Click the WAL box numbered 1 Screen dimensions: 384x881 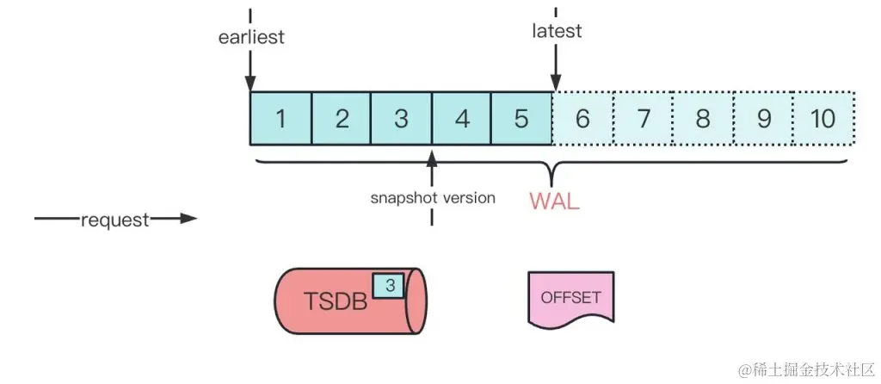click(x=280, y=119)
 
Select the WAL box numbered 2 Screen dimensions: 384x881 click(x=342, y=119)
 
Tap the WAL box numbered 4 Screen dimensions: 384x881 click(x=462, y=119)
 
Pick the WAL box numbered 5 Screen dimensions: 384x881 click(x=521, y=119)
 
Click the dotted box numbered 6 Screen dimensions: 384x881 click(x=582, y=119)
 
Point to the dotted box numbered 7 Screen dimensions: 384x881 click(x=643, y=119)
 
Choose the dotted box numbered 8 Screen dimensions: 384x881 click(x=703, y=119)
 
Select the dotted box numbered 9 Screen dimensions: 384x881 click(x=763, y=119)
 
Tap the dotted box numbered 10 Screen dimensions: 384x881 click(x=823, y=119)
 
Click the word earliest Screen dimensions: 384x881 click(x=250, y=38)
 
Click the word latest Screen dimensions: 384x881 click(x=557, y=31)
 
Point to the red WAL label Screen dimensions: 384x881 click(x=554, y=202)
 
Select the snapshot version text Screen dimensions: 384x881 click(x=433, y=197)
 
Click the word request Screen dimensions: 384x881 click(x=114, y=220)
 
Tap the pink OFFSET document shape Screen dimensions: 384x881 click(x=570, y=299)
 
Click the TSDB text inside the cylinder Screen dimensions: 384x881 click(x=336, y=302)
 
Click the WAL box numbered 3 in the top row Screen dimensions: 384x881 click(x=401, y=119)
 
